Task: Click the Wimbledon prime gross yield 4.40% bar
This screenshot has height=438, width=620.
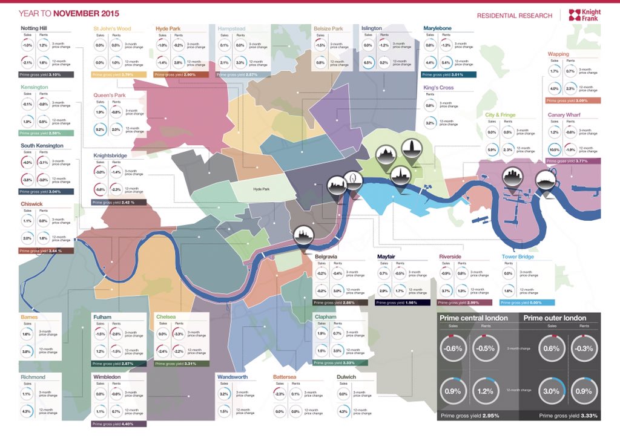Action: (x=119, y=424)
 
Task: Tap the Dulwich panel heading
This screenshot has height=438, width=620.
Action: (x=346, y=376)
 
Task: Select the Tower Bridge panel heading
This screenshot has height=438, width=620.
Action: (x=518, y=257)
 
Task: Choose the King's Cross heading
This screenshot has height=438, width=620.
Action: (x=439, y=88)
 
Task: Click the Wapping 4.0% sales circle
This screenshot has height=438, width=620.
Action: (x=554, y=89)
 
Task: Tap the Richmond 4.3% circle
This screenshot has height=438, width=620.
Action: (x=27, y=412)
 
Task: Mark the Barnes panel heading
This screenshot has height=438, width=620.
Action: (x=30, y=316)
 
